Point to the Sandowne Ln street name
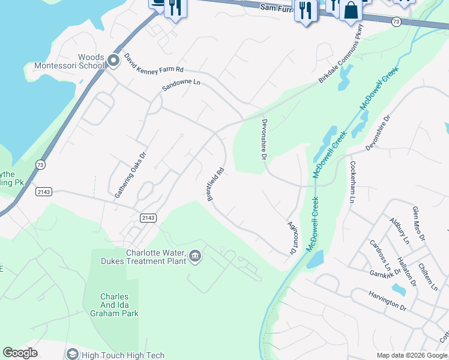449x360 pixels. pos(181,85)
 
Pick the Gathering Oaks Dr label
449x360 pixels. pos(130,175)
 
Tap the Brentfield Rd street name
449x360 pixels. pos(216,184)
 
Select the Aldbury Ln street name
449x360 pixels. pos(399,231)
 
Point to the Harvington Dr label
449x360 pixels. pos(387,298)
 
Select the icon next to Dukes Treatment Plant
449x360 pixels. pos(195,257)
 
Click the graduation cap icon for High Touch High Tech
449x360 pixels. pos(72,355)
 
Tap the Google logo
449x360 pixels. pos(20,353)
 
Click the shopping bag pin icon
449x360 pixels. pos(351,10)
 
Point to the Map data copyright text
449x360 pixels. pos(412,355)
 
